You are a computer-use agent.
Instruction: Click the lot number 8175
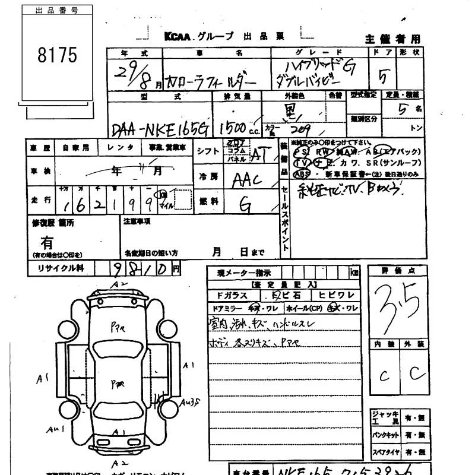pos(57,55)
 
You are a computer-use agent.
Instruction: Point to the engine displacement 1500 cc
pos(236,128)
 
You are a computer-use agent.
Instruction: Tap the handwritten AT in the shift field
pos(259,154)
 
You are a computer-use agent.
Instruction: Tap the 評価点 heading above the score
pos(397,271)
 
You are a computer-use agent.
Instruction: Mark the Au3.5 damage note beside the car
pos(191,401)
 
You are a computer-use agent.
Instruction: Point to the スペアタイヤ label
pos(384,452)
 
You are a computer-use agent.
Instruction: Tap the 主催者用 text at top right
pos(392,39)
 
